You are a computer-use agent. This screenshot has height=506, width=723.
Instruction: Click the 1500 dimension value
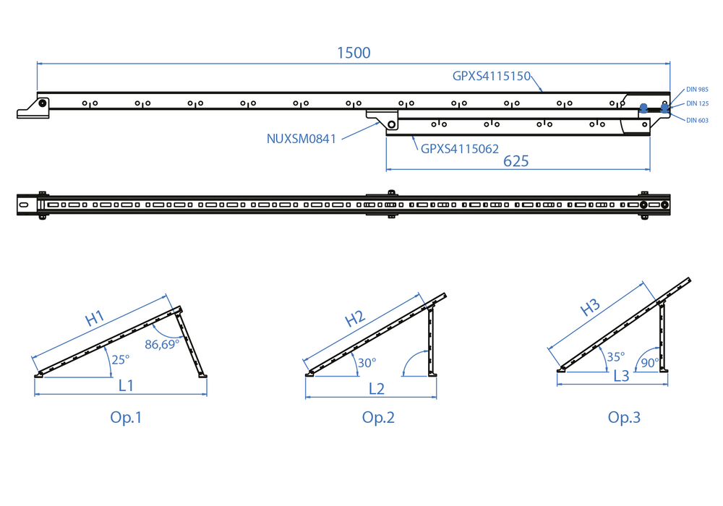click(x=354, y=53)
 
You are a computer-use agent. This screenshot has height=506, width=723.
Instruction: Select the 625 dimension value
click(x=515, y=160)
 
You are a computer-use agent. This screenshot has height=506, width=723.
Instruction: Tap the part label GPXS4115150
click(x=492, y=75)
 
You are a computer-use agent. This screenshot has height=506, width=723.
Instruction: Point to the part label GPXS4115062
click(x=460, y=150)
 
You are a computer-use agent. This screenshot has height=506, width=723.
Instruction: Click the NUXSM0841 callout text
click(x=301, y=139)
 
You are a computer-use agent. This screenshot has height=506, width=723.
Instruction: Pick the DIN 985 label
click(x=698, y=90)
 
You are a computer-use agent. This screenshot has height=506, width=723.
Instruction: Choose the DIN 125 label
click(x=698, y=104)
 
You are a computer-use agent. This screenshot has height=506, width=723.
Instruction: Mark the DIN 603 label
click(x=698, y=120)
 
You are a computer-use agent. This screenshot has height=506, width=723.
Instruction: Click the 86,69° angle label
click(x=162, y=344)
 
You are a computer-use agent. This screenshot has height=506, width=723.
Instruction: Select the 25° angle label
click(x=120, y=359)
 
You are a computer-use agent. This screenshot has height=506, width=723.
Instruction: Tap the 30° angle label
click(x=367, y=363)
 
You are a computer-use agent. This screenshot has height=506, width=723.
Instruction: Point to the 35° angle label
click(x=615, y=356)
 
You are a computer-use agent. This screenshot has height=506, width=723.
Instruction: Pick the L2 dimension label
click(x=377, y=388)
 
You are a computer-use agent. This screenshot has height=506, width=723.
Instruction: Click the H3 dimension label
click(x=591, y=306)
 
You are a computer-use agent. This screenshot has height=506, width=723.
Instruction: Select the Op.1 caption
click(x=127, y=417)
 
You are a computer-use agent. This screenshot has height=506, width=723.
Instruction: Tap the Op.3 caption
click(x=624, y=417)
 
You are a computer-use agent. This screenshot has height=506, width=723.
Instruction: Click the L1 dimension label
click(x=127, y=385)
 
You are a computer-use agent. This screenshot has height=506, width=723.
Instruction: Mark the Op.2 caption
click(x=378, y=417)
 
